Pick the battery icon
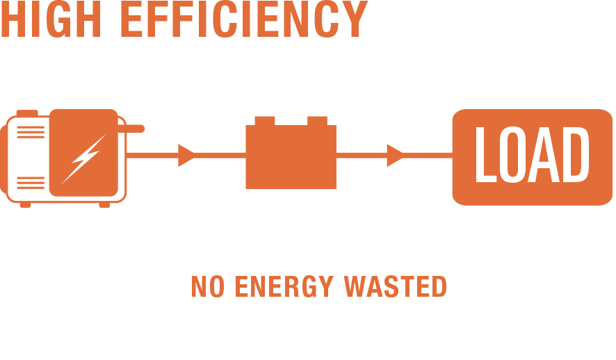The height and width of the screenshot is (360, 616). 291,154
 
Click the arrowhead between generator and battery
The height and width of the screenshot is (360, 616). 186,154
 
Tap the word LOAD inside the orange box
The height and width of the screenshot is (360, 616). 526,154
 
